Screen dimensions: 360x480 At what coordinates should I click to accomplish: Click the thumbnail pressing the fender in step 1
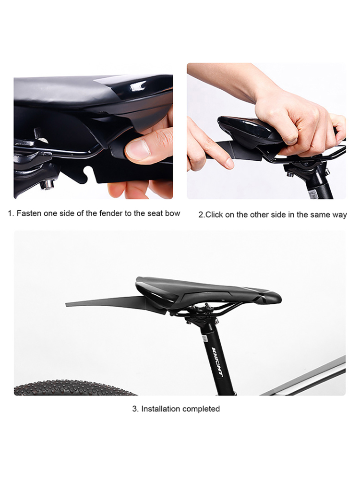click(x=138, y=149)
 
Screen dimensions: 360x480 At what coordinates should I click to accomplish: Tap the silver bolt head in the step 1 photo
click(x=47, y=184)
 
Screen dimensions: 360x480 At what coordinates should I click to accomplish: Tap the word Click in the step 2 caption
click(x=214, y=215)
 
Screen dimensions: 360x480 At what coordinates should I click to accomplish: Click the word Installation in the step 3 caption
click(x=160, y=409)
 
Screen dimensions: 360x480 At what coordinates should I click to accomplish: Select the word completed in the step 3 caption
click(x=201, y=409)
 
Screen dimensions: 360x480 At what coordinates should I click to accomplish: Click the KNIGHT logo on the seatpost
click(x=217, y=363)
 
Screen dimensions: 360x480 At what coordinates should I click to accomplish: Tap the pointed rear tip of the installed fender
click(x=66, y=304)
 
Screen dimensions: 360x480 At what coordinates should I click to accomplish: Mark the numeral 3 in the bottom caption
click(x=134, y=409)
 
